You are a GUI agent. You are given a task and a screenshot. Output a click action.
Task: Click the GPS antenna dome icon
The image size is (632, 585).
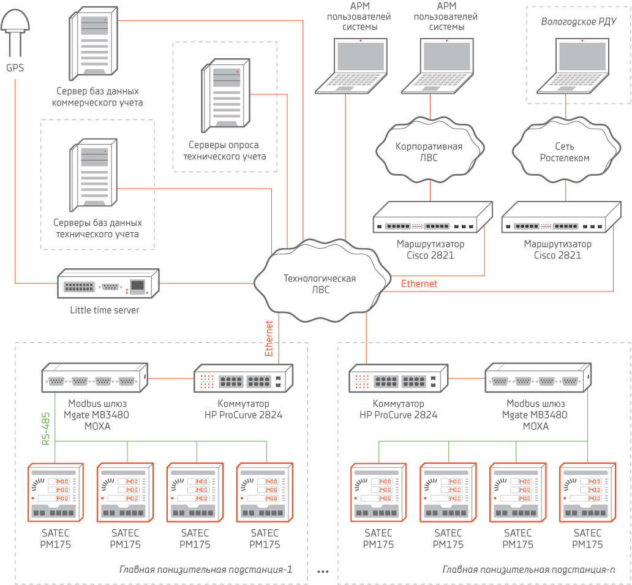pyautogui.click(x=15, y=23)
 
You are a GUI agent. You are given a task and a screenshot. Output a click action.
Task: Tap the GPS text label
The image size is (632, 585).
pyautogui.click(x=15, y=68)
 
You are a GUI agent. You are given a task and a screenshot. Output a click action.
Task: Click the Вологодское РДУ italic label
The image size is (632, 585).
pyautogui.click(x=578, y=22)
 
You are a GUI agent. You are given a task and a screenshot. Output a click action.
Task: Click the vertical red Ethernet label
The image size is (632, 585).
pyautogui.click(x=268, y=338)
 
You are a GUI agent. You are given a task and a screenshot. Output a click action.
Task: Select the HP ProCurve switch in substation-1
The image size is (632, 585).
pyautogui.click(x=244, y=379)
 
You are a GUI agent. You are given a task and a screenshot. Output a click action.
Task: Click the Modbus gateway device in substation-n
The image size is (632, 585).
pyautogui.click(x=537, y=379)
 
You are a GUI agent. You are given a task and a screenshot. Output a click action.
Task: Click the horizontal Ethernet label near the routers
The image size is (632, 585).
pyautogui.click(x=419, y=284)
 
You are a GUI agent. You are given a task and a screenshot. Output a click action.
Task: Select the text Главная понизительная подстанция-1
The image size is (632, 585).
pyautogui.click(x=206, y=570)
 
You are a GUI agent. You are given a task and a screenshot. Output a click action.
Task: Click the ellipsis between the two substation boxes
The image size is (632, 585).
pyautogui.click(x=323, y=571)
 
